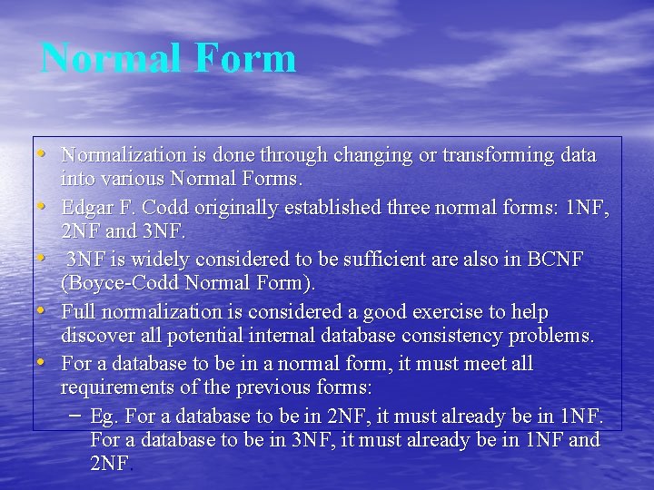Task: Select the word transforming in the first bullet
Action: [499, 155]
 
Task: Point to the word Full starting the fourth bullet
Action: [78, 312]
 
